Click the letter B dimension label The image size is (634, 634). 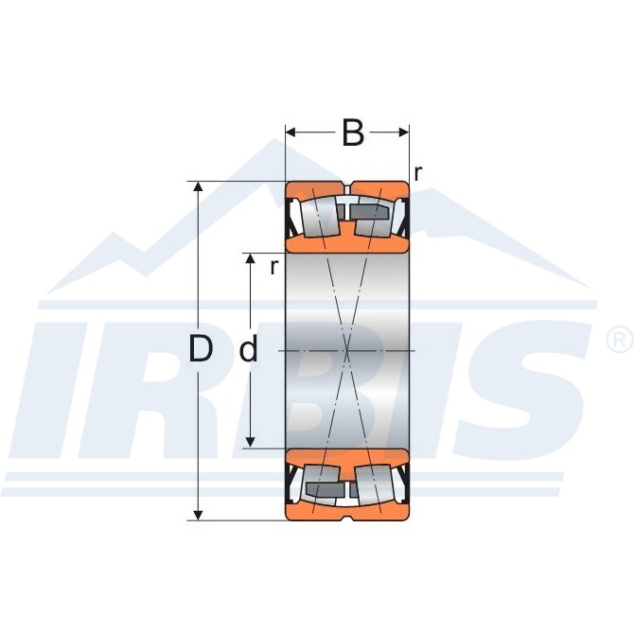click(353, 132)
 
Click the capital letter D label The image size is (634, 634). click(201, 349)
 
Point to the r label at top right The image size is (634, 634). click(418, 173)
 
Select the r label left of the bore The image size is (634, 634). click(274, 267)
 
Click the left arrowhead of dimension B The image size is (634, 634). click(292, 132)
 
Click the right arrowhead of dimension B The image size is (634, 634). click(403, 132)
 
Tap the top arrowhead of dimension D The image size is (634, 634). click(198, 186)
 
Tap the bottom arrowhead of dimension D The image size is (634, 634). click(198, 515)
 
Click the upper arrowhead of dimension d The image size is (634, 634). click(251, 258)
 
